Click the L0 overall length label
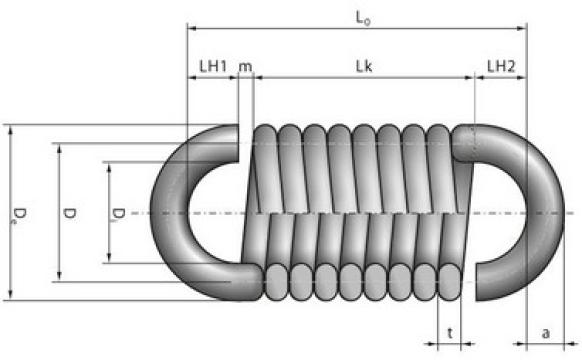click(x=363, y=18)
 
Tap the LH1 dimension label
click(x=213, y=66)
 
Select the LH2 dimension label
click(x=501, y=66)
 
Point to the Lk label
click(x=364, y=66)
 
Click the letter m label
click(x=245, y=67)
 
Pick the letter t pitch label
click(x=450, y=333)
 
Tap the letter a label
click(x=545, y=333)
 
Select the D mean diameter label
click(x=69, y=213)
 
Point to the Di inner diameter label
click(x=118, y=213)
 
